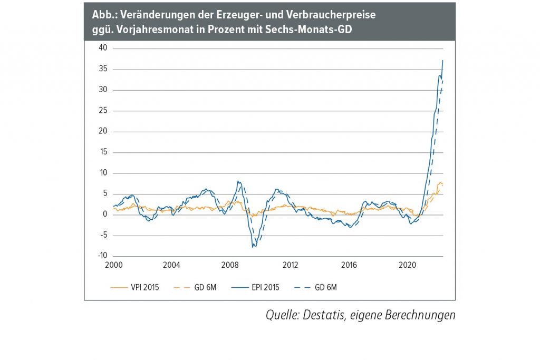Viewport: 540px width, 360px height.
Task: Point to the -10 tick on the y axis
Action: (x=101, y=256)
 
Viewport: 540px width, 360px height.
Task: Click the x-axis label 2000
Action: (x=113, y=265)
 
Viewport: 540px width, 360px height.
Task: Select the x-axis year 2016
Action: (x=350, y=265)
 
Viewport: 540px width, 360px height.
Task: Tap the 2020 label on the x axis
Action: (x=409, y=265)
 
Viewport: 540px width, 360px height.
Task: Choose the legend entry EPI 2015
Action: (x=263, y=287)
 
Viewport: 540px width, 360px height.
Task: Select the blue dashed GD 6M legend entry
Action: (x=323, y=287)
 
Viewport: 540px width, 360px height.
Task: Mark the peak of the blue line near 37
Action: (x=442, y=61)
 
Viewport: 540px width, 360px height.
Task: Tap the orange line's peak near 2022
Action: (x=440, y=182)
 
